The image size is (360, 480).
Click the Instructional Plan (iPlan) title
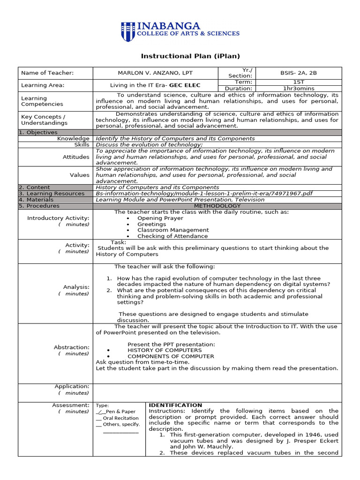tap(190, 56)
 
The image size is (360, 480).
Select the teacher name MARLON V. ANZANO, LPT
tap(155, 73)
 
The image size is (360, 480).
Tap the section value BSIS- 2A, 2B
tap(299, 73)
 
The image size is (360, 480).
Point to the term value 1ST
tap(299, 82)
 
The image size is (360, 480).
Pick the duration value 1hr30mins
tap(299, 88)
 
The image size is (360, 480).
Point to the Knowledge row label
tap(73, 139)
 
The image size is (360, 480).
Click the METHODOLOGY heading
tap(217, 206)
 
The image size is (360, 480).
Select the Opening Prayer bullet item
tap(160, 218)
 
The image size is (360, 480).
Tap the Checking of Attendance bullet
tap(172, 236)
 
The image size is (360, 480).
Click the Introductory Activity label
tap(58, 218)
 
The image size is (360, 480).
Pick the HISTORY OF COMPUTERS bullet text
tap(165, 350)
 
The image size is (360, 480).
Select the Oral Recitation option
tap(120, 418)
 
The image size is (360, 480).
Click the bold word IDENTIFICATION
tap(175, 405)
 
